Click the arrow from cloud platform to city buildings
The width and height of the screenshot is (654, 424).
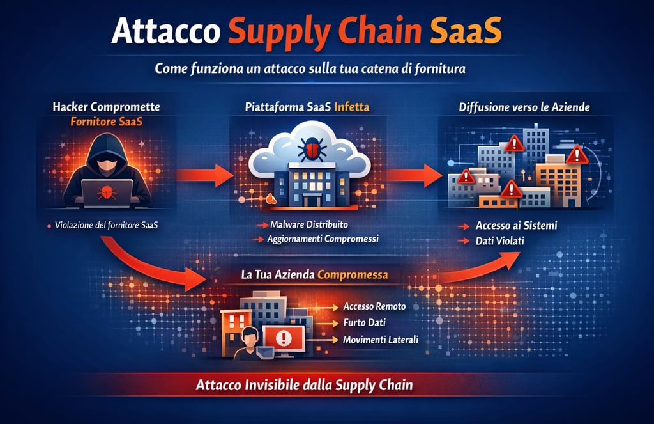[x=416, y=174]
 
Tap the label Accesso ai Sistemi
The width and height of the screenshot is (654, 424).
[x=517, y=226]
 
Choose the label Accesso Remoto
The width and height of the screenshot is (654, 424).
[x=374, y=306]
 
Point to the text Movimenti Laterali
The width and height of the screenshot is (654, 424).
[x=380, y=340]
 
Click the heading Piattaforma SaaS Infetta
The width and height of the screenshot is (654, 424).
[x=307, y=107]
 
